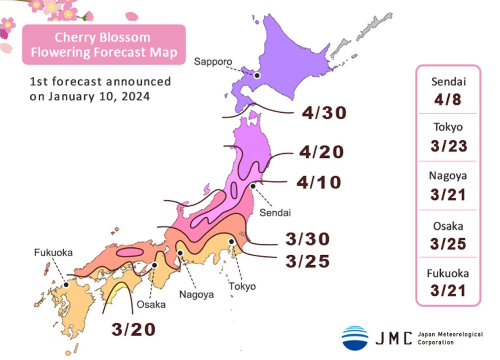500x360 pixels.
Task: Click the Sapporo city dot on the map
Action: pos(257,75)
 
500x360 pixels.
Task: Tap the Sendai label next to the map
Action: pos(275,213)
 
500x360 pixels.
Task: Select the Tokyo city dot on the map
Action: pos(231,241)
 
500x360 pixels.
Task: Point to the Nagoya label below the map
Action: pos(196,295)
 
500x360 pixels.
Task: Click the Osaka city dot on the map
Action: pos(155,265)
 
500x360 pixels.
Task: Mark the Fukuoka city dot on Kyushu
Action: pos(66,285)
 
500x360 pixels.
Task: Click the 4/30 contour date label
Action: pos(324,113)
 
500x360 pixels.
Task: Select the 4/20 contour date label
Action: pos(321,152)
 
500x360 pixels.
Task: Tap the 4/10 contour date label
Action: pos(319,182)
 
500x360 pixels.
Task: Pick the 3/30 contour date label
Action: pos(307,239)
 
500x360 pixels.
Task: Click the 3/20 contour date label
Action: pos(133,329)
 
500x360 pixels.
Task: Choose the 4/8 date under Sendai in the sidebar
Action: pos(448,99)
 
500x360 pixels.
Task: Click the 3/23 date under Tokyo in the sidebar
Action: pos(448,146)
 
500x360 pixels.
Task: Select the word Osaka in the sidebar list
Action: pos(448,226)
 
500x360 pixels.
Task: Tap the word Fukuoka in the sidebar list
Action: pos(448,273)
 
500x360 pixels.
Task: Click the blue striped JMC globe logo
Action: pos(355,338)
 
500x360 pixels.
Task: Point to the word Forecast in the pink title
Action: pos(119,52)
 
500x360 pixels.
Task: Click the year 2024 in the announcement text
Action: pos(136,97)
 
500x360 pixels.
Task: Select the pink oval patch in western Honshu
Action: pos(130,252)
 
